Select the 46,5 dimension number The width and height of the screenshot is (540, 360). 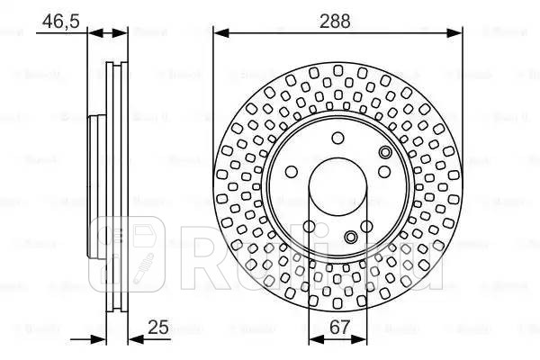click(x=58, y=17)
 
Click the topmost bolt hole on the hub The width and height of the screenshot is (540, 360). click(x=337, y=138)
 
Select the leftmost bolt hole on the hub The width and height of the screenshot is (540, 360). click(x=290, y=174)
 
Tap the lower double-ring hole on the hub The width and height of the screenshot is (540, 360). click(x=351, y=237)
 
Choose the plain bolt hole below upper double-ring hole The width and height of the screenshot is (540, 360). click(x=383, y=171)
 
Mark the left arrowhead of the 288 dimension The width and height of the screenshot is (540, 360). click(x=219, y=33)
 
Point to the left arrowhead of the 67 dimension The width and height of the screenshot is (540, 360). click(x=313, y=340)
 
